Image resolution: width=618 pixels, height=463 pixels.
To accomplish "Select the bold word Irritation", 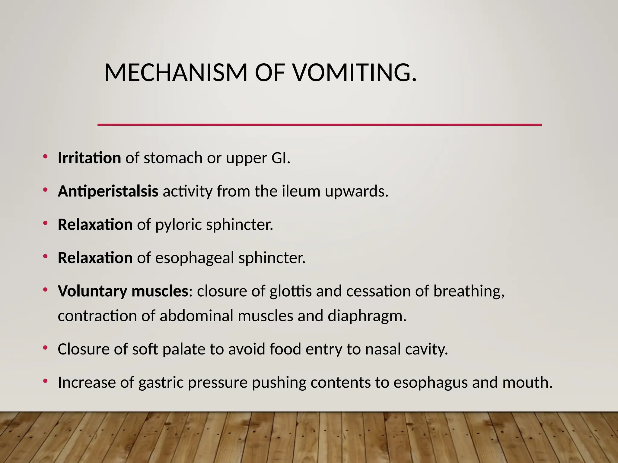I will [89, 158].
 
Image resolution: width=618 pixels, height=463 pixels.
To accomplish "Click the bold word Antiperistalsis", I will [108, 191].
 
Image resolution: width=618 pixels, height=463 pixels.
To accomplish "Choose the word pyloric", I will [178, 225].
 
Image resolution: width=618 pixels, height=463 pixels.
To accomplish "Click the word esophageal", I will [195, 258].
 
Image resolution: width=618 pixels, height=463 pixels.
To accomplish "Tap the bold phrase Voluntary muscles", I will [123, 291].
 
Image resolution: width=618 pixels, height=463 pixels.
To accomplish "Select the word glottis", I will [291, 291].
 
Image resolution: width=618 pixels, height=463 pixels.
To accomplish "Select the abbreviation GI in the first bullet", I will [280, 158].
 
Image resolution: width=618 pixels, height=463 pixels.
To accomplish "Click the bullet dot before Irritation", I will [45, 156].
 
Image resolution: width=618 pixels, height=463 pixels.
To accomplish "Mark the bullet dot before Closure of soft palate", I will [45, 348].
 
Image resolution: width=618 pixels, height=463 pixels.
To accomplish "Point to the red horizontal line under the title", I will [319, 124].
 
